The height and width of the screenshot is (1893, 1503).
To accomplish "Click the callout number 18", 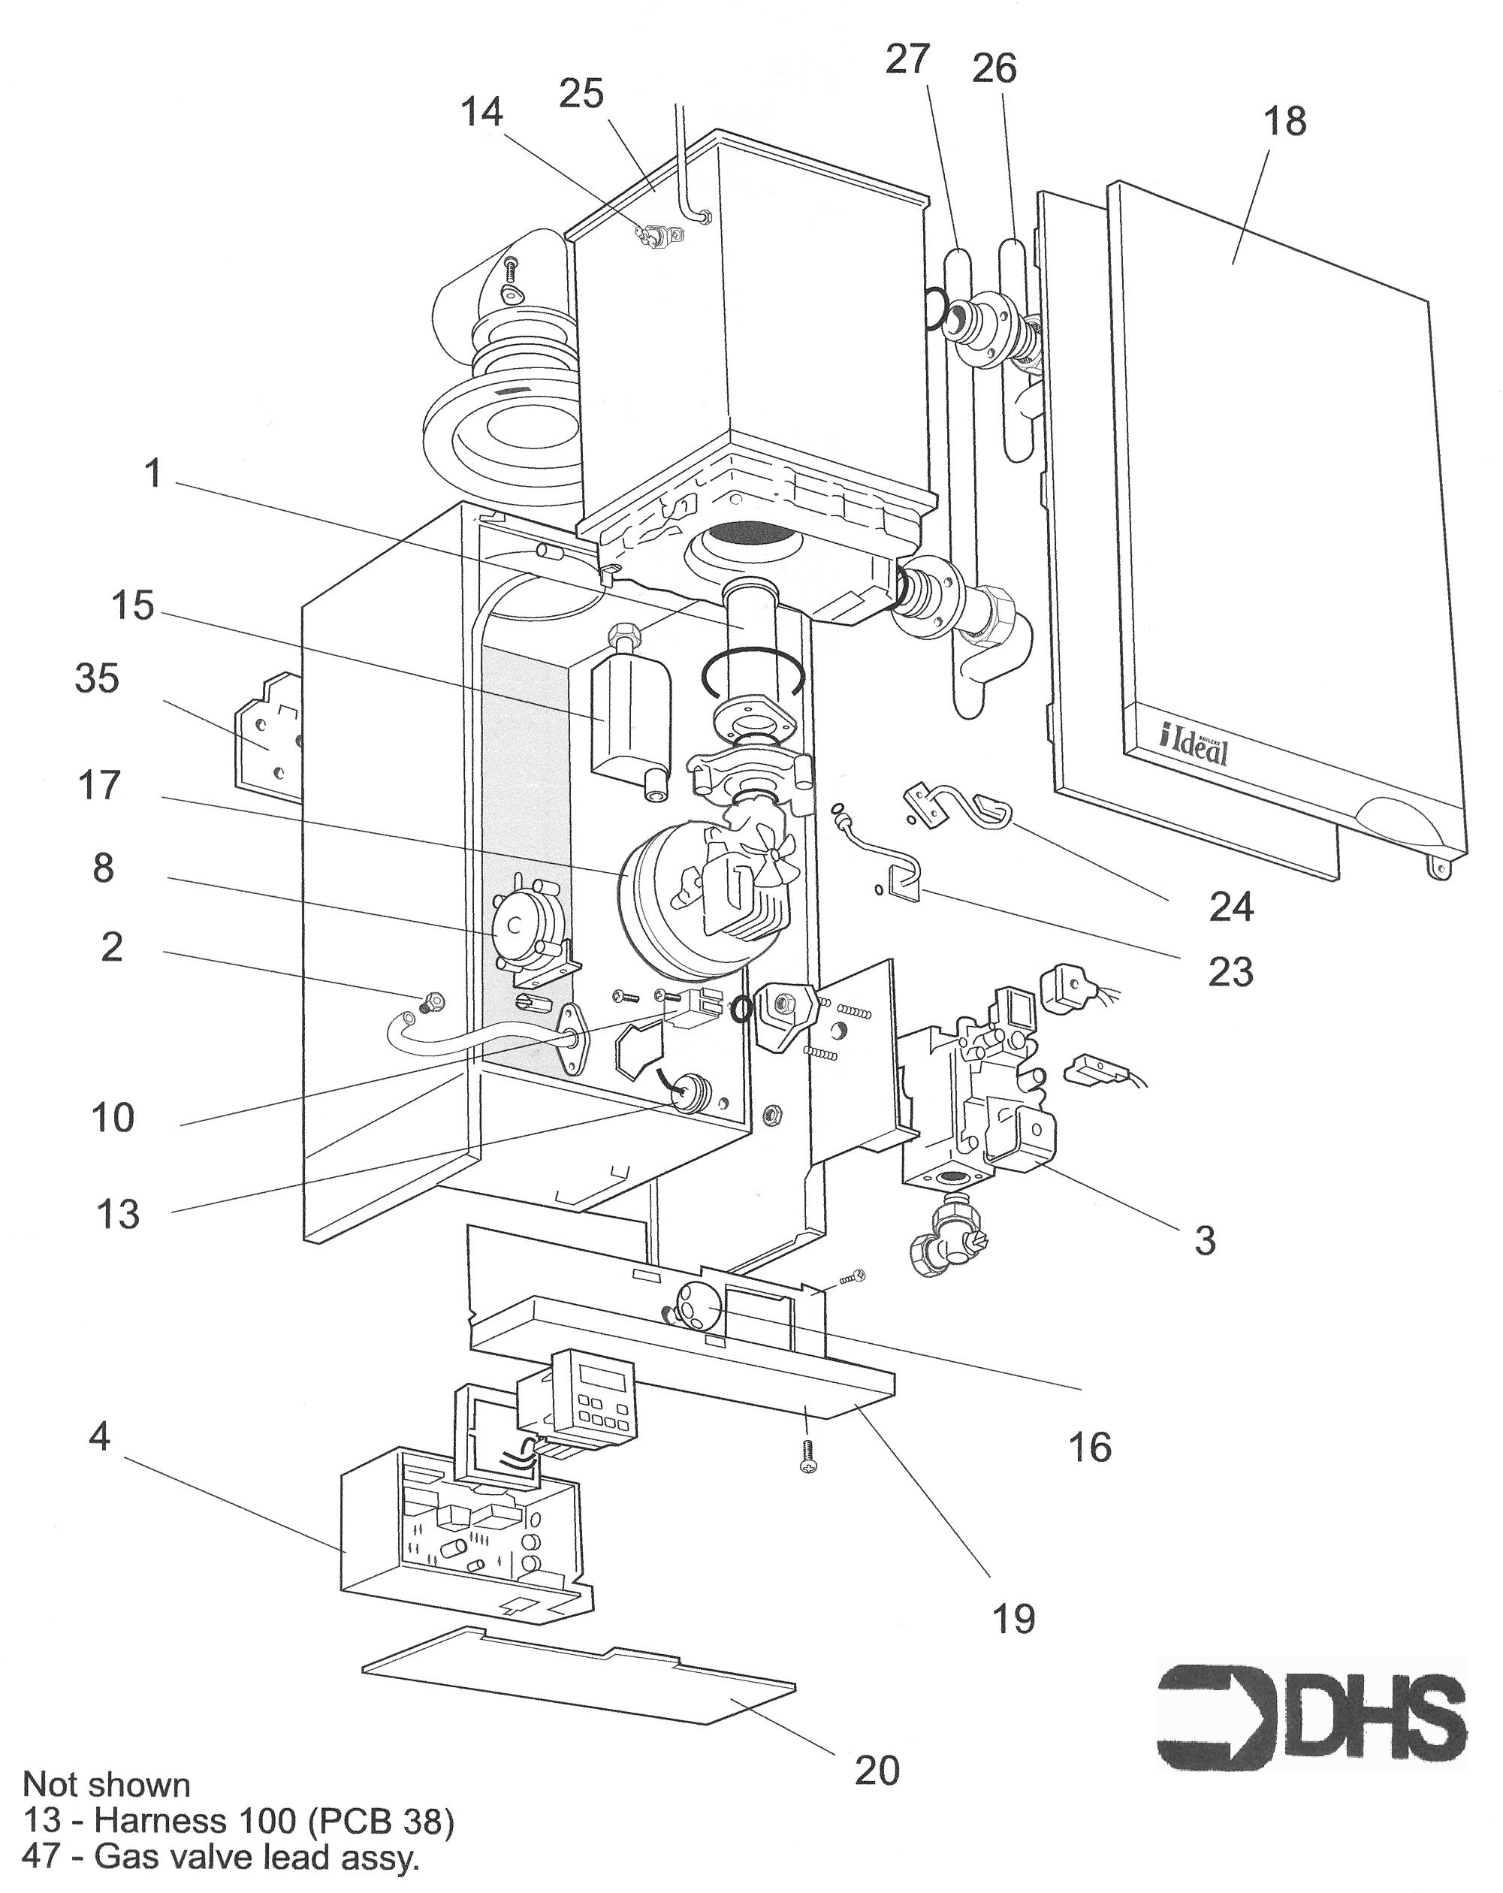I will (1284, 121).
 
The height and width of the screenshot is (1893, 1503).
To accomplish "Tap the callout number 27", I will (907, 59).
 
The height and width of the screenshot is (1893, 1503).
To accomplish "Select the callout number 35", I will (97, 679).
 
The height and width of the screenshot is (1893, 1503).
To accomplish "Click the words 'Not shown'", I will (106, 1784).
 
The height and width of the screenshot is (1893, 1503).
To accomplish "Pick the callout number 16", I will (1089, 1445).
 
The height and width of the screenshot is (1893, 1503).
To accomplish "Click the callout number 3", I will (1205, 1239).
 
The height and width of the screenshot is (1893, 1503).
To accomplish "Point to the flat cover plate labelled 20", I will (579, 1679).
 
